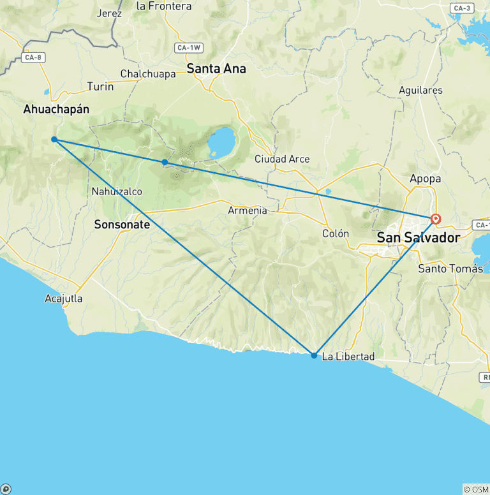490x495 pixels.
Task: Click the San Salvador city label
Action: pyautogui.click(x=418, y=237)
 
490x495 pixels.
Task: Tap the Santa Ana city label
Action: pyautogui.click(x=216, y=68)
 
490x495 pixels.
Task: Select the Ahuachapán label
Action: pyautogui.click(x=56, y=109)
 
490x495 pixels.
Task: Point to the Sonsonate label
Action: pyautogui.click(x=122, y=225)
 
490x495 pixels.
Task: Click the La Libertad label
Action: pyautogui.click(x=348, y=357)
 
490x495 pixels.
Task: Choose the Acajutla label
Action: pyautogui.click(x=64, y=299)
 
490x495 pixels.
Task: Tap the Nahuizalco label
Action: pyautogui.click(x=117, y=191)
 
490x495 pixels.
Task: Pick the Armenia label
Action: pyautogui.click(x=248, y=211)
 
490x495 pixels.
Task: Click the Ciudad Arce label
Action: pyautogui.click(x=282, y=159)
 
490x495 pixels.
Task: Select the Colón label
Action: pyautogui.click(x=336, y=233)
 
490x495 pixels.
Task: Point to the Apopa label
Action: pyautogui.click(x=426, y=179)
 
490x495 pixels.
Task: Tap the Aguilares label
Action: pyautogui.click(x=420, y=90)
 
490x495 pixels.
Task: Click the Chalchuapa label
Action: pyautogui.click(x=148, y=74)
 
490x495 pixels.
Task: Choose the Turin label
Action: pyautogui.click(x=100, y=86)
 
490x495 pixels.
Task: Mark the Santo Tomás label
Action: pyautogui.click(x=450, y=269)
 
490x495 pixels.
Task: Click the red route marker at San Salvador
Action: pyautogui.click(x=436, y=219)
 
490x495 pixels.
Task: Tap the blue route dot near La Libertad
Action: pyautogui.click(x=314, y=355)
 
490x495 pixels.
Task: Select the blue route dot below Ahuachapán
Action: pyautogui.click(x=54, y=139)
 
